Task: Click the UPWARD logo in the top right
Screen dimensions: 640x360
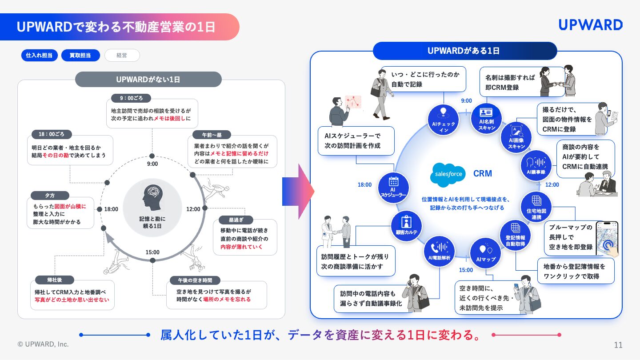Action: [591, 25]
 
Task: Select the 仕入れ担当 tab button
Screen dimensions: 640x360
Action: [40, 55]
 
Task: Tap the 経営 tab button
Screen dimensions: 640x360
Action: [122, 55]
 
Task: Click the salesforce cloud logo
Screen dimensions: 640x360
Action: [448, 174]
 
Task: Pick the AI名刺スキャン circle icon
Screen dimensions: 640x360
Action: [486, 119]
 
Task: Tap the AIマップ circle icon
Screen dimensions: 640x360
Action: [485, 253]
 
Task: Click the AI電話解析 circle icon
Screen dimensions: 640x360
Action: [439, 251]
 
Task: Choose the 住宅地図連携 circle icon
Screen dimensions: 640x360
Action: [536, 207]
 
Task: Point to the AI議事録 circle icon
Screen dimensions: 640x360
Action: [536, 165]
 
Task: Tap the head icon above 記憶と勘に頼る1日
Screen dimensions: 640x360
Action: [152, 196]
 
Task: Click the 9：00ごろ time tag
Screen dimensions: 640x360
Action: [131, 98]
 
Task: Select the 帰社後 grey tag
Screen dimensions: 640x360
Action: [55, 280]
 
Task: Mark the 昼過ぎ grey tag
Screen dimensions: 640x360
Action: [236, 220]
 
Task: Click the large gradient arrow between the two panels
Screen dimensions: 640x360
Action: [298, 192]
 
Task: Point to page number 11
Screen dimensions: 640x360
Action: [618, 345]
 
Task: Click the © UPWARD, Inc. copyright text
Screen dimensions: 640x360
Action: [43, 344]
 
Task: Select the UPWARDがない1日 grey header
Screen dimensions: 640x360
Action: [148, 79]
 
